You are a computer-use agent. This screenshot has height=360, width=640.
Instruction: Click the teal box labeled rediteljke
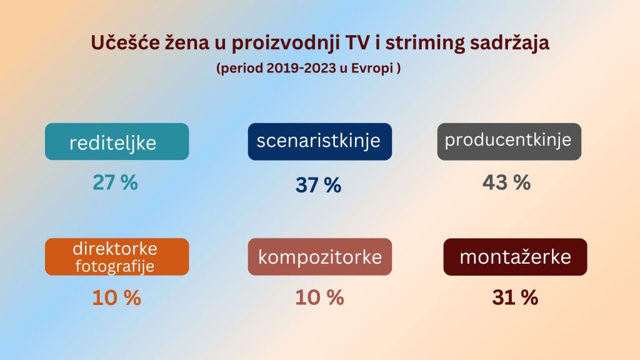117,142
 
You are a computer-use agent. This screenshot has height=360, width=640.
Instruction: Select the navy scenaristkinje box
319,142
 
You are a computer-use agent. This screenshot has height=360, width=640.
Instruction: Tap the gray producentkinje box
509,142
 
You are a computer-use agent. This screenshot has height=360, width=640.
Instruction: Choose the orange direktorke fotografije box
117,257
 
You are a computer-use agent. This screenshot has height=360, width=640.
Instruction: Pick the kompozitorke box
319,257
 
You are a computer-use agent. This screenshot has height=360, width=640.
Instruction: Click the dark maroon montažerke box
515,257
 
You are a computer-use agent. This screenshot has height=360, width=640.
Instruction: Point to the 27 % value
115,182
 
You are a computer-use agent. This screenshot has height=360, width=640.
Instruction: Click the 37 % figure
318,185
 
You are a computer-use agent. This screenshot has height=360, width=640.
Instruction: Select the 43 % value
506,182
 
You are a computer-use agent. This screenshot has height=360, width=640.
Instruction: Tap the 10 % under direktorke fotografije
116,298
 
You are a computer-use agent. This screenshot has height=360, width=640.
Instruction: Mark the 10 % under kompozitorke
319,297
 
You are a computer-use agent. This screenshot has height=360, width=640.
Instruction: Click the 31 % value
515,297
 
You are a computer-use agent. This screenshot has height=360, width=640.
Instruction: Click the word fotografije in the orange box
115,267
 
